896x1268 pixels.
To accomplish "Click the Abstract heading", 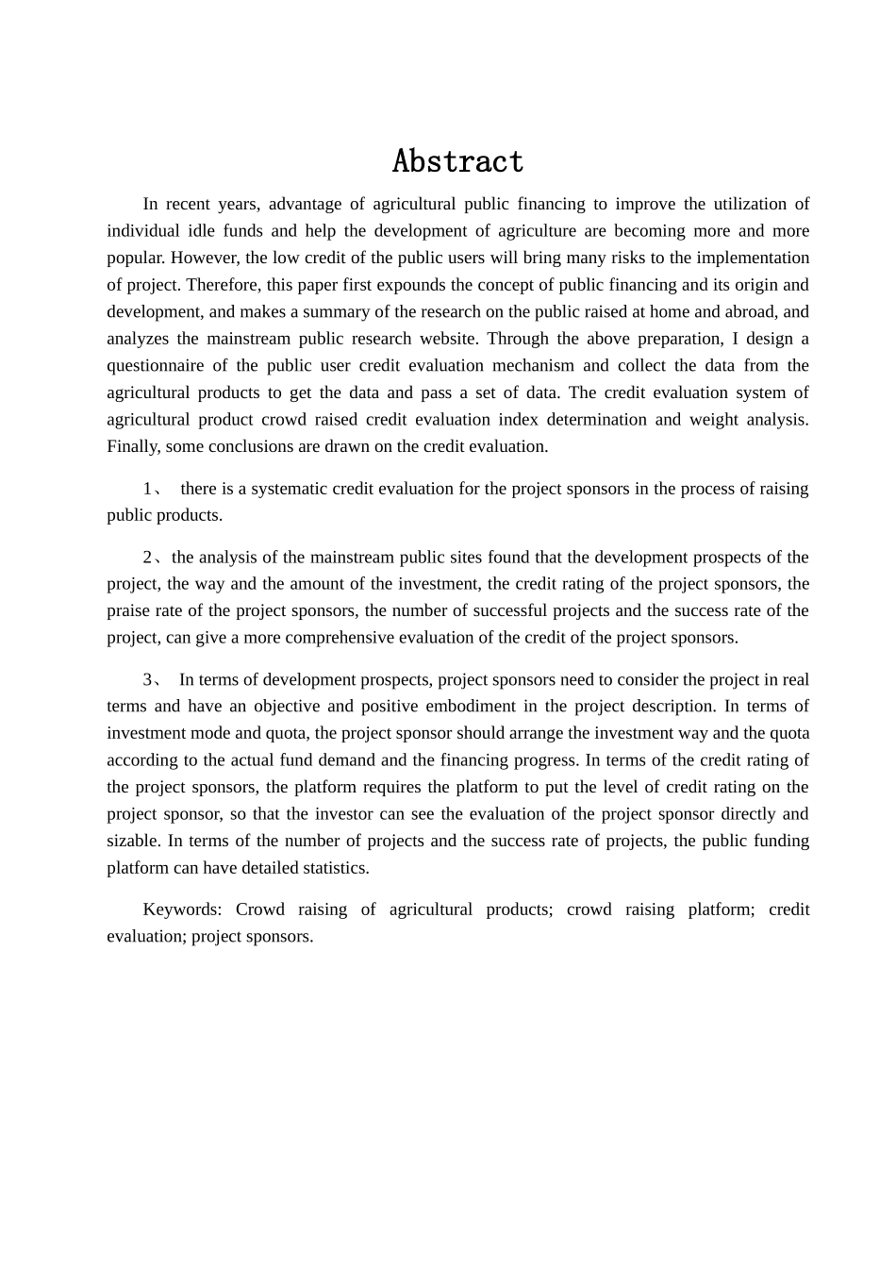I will (x=457, y=161).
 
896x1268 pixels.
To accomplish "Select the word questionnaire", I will (x=155, y=366).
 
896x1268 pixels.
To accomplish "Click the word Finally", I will (x=134, y=446).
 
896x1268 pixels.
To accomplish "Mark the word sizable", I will (x=132, y=842).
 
